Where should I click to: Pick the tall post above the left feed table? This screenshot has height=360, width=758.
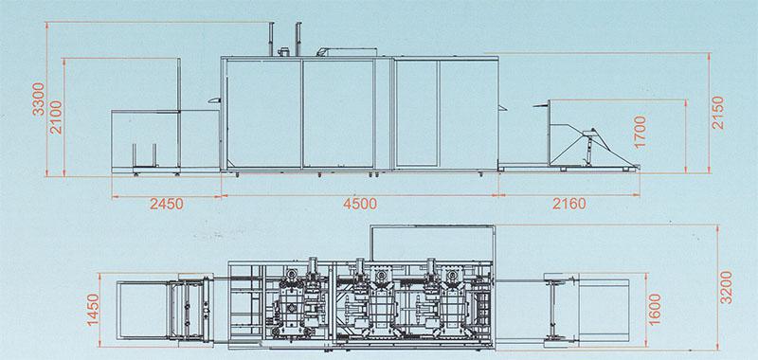pyautogui.click(x=180, y=85)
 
